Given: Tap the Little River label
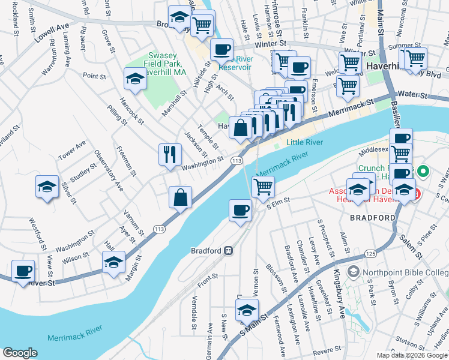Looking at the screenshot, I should (304, 142).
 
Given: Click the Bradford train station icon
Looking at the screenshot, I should (228, 250).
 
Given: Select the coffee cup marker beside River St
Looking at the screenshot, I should (23, 271).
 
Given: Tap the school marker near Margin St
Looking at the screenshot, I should (113, 262).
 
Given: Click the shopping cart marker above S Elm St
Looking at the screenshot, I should (263, 187).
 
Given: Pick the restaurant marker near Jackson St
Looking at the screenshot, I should (170, 154).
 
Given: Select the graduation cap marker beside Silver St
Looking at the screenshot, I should (47, 186).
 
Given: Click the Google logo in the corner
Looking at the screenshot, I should (20, 353).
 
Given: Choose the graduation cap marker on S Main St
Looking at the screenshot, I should (246, 309).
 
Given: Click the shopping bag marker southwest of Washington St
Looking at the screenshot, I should (180, 196).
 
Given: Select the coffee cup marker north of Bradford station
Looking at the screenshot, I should (240, 210).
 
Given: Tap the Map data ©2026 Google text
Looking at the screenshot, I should (412, 355).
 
